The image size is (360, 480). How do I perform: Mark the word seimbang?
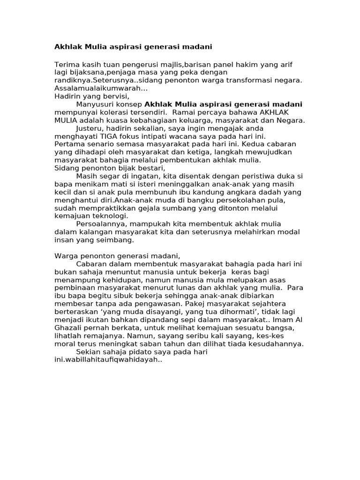tap(118, 240)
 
